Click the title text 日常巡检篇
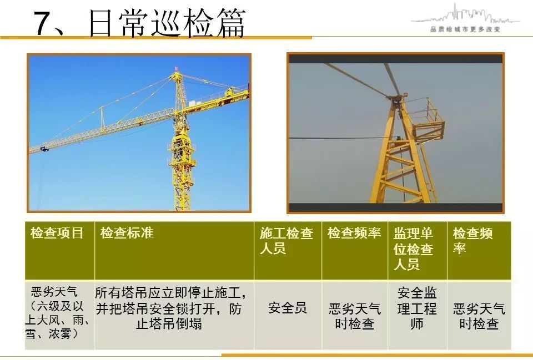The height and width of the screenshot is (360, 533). (x=167, y=23)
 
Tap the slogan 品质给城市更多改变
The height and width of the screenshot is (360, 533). (x=465, y=29)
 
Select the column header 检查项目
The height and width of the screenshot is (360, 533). (x=57, y=233)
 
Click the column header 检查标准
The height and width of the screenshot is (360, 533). (x=127, y=233)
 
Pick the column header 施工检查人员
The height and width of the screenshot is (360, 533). (x=286, y=241)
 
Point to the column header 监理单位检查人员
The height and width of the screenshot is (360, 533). (x=413, y=249)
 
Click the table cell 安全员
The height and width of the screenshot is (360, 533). (x=288, y=308)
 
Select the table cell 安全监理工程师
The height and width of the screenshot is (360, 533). (x=417, y=308)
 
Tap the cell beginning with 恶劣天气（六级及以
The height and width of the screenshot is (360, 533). (x=57, y=312)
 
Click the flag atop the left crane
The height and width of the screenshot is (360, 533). (x=177, y=69)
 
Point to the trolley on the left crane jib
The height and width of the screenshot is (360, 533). (x=43, y=149)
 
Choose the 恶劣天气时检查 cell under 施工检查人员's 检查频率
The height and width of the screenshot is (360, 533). (x=355, y=316)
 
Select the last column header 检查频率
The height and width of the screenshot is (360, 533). (x=472, y=241)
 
